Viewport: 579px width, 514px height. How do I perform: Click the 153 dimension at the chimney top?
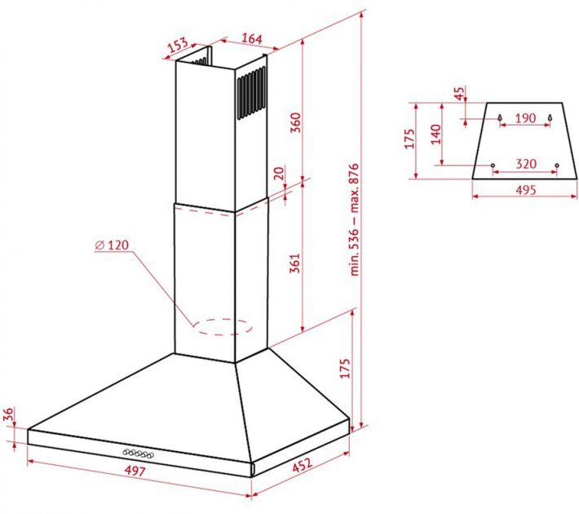coord(178,45)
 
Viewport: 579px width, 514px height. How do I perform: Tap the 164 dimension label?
coord(252,38)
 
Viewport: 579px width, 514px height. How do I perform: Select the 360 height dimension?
coord(296,122)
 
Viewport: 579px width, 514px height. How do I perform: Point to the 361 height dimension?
coord(295,263)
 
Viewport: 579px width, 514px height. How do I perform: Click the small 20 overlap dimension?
coord(281,173)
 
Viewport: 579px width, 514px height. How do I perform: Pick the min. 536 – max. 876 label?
coord(354,219)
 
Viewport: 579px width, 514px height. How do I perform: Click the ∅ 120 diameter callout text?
coord(112,245)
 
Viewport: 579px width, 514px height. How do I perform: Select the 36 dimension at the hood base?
coord(8,414)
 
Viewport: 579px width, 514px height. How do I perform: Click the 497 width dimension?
coord(135,471)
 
